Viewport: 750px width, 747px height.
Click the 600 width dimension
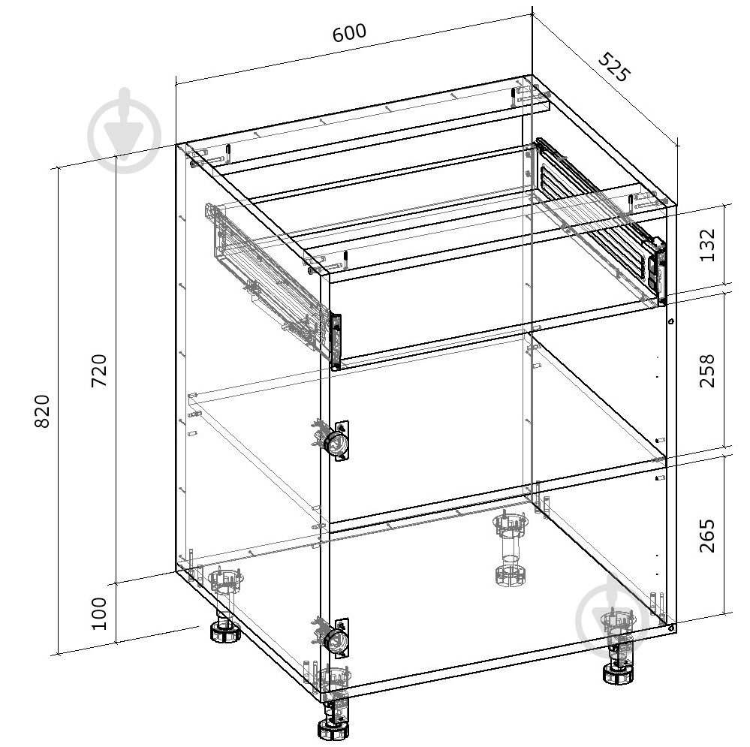[x=350, y=32]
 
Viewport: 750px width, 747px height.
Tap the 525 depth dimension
[x=614, y=67]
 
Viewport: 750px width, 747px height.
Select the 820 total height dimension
[x=42, y=411]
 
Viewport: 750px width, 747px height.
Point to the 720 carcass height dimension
[x=99, y=370]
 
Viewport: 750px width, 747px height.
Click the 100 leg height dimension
[x=99, y=613]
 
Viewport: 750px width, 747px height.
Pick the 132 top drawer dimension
[x=707, y=245]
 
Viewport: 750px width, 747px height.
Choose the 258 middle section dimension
[x=707, y=371]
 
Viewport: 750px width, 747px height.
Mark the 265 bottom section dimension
[x=707, y=535]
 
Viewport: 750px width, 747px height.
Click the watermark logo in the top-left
[x=125, y=131]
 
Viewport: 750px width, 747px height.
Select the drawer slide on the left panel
[x=263, y=277]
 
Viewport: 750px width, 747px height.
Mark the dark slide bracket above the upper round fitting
[x=336, y=341]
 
